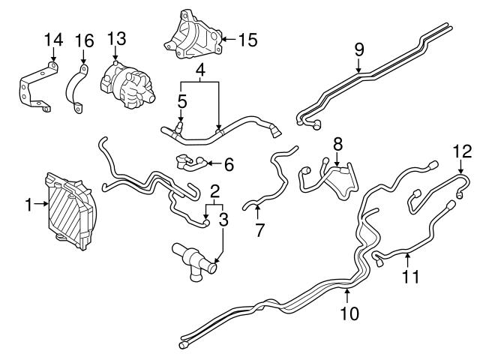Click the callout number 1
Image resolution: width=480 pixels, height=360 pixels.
click(28, 203)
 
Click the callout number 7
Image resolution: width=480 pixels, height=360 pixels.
click(259, 229)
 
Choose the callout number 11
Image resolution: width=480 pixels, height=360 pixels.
click(408, 278)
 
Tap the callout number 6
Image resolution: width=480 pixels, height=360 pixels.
click(229, 163)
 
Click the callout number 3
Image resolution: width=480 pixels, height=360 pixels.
click(223, 219)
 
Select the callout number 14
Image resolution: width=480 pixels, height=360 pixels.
click(52, 40)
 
